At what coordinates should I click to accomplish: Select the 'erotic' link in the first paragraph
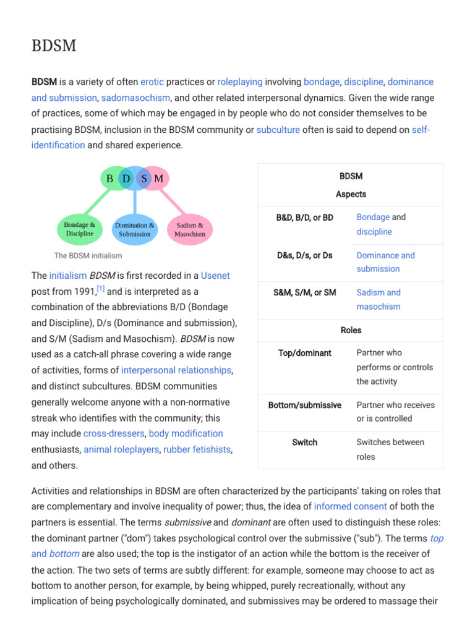[152, 82]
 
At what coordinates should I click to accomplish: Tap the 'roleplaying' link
[240, 82]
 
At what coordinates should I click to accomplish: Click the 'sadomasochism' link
[136, 98]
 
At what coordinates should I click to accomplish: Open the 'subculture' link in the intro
[278, 129]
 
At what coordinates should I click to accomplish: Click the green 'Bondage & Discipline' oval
[80, 229]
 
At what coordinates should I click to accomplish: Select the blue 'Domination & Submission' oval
[135, 229]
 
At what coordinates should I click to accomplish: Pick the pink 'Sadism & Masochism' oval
[190, 229]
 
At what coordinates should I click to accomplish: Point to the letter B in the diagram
[110, 179]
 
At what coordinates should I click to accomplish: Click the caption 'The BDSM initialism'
[88, 255]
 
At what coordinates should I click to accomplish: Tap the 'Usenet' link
[215, 276]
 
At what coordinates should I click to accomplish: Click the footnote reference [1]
[101, 289]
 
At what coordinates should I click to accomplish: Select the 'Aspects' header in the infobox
[351, 194]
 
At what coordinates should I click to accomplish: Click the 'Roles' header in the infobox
[351, 330]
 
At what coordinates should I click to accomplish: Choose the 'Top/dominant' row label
[305, 353]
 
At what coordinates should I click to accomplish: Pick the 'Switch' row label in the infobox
[305, 443]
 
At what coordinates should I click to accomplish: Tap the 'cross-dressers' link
[114, 433]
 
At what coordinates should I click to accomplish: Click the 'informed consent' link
[351, 507]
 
